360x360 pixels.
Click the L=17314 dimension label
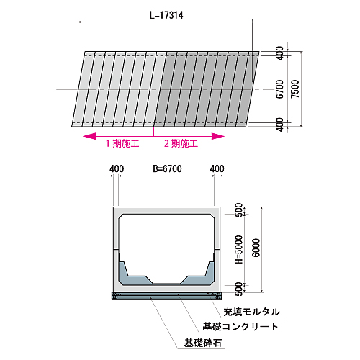click(166, 15)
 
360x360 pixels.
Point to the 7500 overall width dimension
click(295, 89)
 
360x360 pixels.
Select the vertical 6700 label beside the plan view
click(279, 89)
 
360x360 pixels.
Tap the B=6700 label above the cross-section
click(167, 168)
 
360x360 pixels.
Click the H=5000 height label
click(239, 249)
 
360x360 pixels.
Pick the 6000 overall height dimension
click(256, 248)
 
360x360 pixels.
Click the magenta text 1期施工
click(122, 143)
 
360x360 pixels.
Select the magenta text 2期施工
click(181, 143)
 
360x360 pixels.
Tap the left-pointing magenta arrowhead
click(89, 136)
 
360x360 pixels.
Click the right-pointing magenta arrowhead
click(218, 136)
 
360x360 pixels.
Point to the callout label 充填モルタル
click(252, 312)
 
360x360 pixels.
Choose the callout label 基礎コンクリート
click(240, 327)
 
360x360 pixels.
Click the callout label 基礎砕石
click(203, 343)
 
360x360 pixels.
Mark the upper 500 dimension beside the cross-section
click(239, 210)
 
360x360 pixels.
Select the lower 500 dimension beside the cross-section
click(239, 289)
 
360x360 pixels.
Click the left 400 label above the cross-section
click(117, 168)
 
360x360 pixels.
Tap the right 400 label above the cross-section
click(217, 168)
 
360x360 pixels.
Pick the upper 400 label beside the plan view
click(279, 53)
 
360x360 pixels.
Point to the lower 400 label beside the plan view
click(279, 125)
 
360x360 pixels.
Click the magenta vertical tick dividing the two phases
click(153, 131)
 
